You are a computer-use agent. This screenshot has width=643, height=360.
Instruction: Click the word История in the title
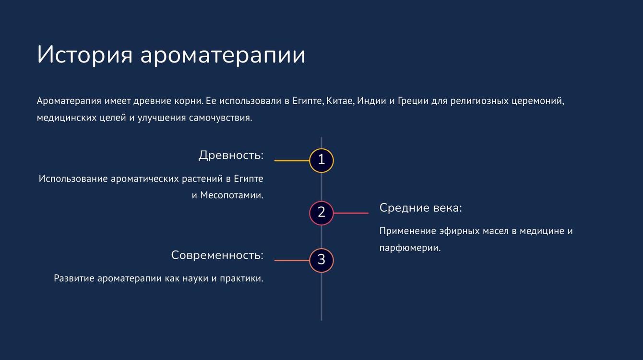coord(84,54)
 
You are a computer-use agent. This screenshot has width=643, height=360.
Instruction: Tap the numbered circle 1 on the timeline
coord(321,160)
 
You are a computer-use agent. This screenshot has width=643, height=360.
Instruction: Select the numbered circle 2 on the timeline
coord(321,213)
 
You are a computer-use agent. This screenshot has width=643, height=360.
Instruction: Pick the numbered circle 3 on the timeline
coord(321,260)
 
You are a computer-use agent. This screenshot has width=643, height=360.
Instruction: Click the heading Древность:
coord(231,156)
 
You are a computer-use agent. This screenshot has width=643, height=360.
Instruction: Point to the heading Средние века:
coord(421,208)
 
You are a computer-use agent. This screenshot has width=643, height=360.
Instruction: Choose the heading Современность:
coord(217,255)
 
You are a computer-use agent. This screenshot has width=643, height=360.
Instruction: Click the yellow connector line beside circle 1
coord(292,160)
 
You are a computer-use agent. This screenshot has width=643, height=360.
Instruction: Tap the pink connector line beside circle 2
coord(351,213)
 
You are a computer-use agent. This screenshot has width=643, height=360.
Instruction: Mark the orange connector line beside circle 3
coord(292,260)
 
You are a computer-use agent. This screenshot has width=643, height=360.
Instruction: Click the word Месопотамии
coord(232,195)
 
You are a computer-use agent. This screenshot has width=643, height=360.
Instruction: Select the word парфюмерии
coord(410,248)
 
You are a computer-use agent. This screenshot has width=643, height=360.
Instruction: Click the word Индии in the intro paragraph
coord(371,101)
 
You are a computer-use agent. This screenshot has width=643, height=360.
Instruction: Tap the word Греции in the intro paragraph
coord(413,101)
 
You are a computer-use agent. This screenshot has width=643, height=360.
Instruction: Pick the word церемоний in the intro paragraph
coord(538,101)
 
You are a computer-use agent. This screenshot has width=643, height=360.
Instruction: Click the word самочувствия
coord(220,118)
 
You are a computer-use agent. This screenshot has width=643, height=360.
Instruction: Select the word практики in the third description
coord(241,278)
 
